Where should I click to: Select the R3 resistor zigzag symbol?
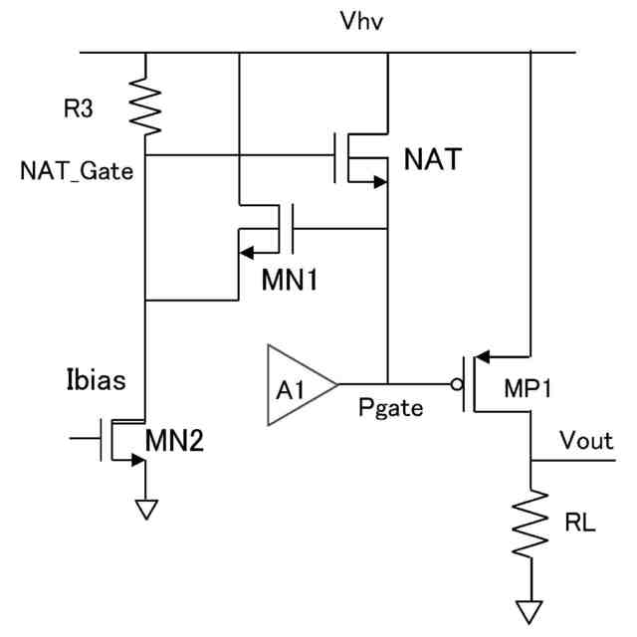tap(145, 107)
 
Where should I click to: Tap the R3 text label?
tap(79, 108)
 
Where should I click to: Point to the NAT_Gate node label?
tap(75, 170)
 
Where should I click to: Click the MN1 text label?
tap(290, 281)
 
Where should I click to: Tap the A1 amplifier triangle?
tap(300, 384)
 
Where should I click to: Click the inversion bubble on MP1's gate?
tap(458, 383)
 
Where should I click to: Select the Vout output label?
tap(586, 440)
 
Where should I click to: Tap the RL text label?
tap(583, 522)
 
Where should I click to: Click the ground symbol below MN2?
tap(146, 509)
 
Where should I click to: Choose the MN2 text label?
tap(175, 440)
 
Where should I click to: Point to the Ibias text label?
tap(95, 381)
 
